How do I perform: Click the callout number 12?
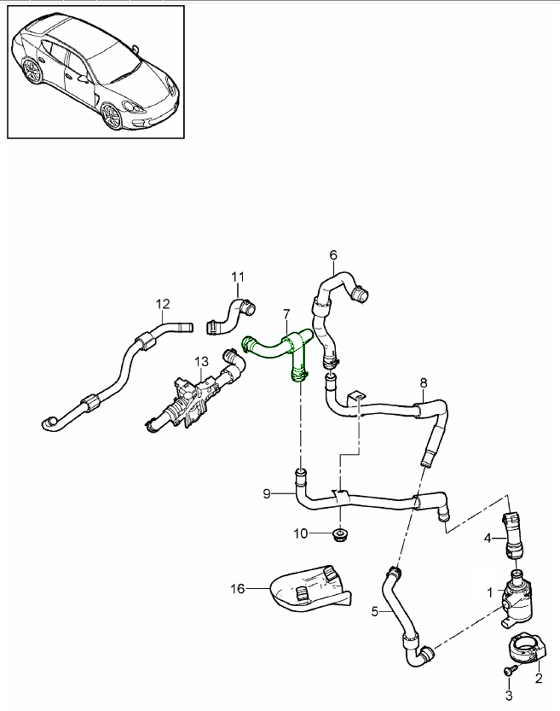pos(163,303)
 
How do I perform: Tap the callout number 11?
pos(238,277)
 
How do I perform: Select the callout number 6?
pos(333,254)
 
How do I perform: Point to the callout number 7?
pos(286,316)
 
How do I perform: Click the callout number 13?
pos(200,362)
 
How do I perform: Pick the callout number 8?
pos(424,383)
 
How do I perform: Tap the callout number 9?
pos(267,493)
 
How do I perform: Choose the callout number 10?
pos(300,534)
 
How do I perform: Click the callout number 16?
pos(237,587)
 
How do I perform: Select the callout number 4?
pos(488,538)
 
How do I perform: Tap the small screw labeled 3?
pos(509,673)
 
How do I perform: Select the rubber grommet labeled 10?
pos(340,536)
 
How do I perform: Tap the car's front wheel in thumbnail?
pos(111,116)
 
